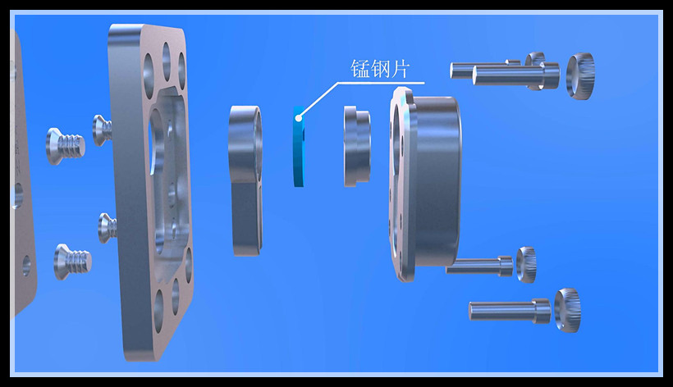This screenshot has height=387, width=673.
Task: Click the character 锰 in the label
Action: (x=361, y=70)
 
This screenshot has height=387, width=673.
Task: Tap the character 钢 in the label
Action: (x=381, y=70)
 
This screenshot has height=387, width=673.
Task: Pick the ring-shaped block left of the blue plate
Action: (x=245, y=176)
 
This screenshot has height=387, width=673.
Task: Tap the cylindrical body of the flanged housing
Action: (x=438, y=180)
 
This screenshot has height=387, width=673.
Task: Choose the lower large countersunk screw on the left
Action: (x=72, y=261)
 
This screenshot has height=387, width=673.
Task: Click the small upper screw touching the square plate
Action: (x=103, y=130)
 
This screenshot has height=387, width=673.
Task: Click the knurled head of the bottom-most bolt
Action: (x=567, y=310)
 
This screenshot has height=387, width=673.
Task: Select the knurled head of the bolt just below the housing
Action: (x=526, y=265)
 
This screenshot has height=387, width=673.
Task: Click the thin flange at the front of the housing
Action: (x=401, y=184)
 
